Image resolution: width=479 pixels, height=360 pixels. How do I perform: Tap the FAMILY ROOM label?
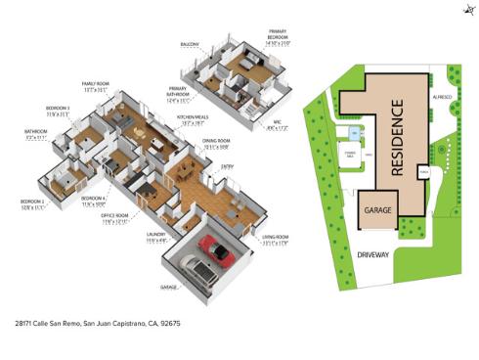pos(95,86)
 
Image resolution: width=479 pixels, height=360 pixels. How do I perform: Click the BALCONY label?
pos(190,44)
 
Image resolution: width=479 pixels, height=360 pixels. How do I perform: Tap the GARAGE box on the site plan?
pos(378,211)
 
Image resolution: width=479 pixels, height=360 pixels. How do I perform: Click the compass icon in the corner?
pos(464,11)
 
